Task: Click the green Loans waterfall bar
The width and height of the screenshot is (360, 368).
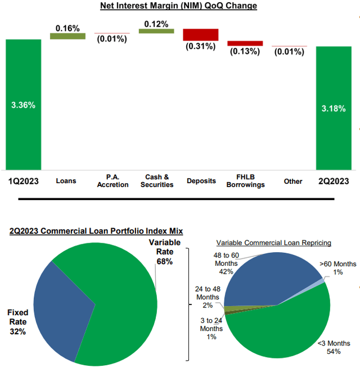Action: [x=67, y=36]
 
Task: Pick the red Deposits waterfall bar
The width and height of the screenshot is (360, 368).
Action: [x=201, y=34]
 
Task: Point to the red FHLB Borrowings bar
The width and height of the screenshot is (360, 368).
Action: [x=245, y=43]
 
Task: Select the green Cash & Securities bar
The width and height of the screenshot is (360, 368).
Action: [x=156, y=31]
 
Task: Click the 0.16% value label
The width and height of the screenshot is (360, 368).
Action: [x=67, y=27]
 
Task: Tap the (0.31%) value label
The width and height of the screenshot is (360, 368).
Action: [x=200, y=46]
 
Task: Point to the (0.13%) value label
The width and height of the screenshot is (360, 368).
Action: [x=245, y=51]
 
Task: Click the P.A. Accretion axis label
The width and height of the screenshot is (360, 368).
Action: [x=112, y=181]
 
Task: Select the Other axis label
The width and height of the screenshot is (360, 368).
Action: [x=292, y=181]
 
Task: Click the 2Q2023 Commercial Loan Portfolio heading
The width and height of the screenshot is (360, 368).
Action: [x=96, y=231]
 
